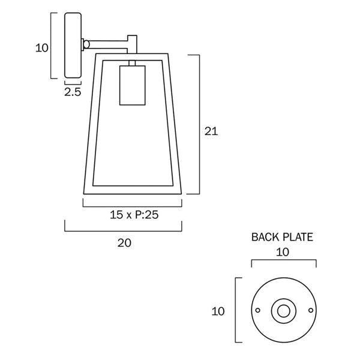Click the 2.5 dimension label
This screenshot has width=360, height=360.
coord(73,92)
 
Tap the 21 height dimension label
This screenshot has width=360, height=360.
coord(211,131)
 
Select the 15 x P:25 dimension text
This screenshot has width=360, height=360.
coord(134,215)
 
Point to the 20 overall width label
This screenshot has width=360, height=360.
coord(124,243)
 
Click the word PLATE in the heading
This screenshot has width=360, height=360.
coord(298,237)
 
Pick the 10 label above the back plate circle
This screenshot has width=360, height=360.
coord(283,253)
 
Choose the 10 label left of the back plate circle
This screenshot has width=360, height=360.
coord(218,311)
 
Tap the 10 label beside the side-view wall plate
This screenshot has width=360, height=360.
coord(42,48)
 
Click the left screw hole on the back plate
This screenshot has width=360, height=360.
coord(257,310)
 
